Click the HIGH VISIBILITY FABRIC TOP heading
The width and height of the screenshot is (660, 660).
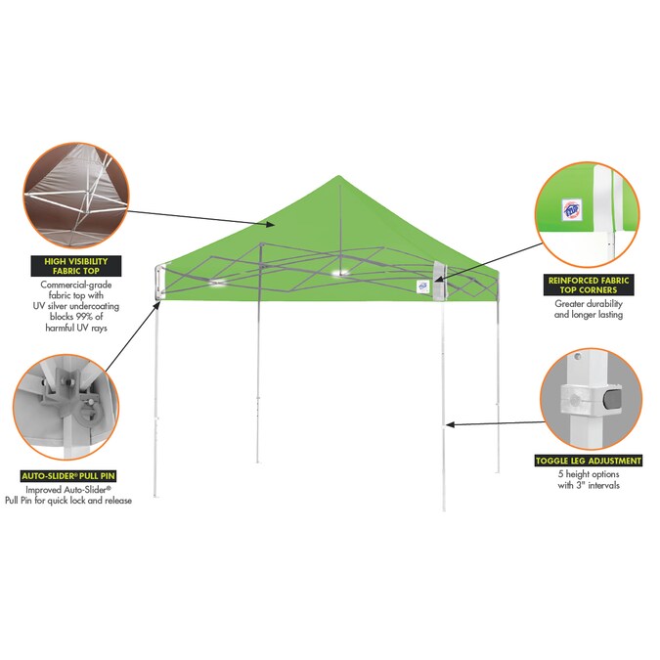[x=76, y=266]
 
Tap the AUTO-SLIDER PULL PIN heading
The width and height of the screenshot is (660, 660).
[x=68, y=476]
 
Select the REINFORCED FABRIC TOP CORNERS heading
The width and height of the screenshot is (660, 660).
[x=589, y=285]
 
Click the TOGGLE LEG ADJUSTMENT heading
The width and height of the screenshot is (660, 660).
[x=589, y=461]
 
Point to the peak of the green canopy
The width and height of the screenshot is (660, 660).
[x=338, y=176]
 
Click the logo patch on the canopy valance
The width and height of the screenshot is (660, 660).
[x=423, y=286]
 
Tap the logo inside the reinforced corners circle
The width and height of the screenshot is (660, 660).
[x=571, y=210]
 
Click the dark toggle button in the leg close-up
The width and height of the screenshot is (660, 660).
[x=612, y=399]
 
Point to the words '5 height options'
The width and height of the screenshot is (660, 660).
[x=589, y=474]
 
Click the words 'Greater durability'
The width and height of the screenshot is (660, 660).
[x=589, y=303]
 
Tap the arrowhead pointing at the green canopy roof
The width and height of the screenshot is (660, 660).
[x=270, y=224]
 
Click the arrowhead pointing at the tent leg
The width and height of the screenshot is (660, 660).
[x=450, y=425]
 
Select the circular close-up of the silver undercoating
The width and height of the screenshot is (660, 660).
[x=76, y=196]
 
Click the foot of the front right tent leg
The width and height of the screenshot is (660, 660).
[x=444, y=508]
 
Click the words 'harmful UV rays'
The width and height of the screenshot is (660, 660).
[x=76, y=328]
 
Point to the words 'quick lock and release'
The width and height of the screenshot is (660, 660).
[x=90, y=501]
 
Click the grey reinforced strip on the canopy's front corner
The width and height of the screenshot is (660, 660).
[x=439, y=281]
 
